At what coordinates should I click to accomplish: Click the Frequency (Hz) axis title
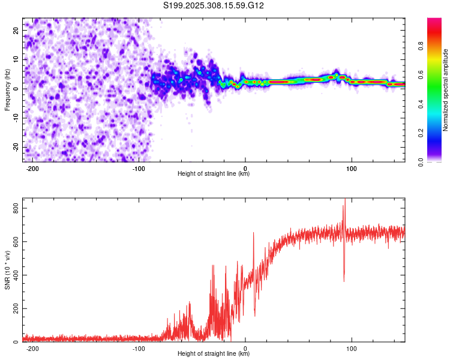(x=8, y=90)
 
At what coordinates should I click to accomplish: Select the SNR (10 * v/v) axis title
(x=8, y=271)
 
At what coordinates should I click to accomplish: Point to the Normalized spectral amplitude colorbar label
(x=446, y=90)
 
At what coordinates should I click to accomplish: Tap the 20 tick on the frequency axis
(x=16, y=30)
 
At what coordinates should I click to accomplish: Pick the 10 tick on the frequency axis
(x=16, y=59)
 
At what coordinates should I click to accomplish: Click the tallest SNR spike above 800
(x=344, y=200)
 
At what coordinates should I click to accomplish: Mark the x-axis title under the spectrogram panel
(x=214, y=174)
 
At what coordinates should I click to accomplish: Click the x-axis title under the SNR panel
(x=214, y=354)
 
